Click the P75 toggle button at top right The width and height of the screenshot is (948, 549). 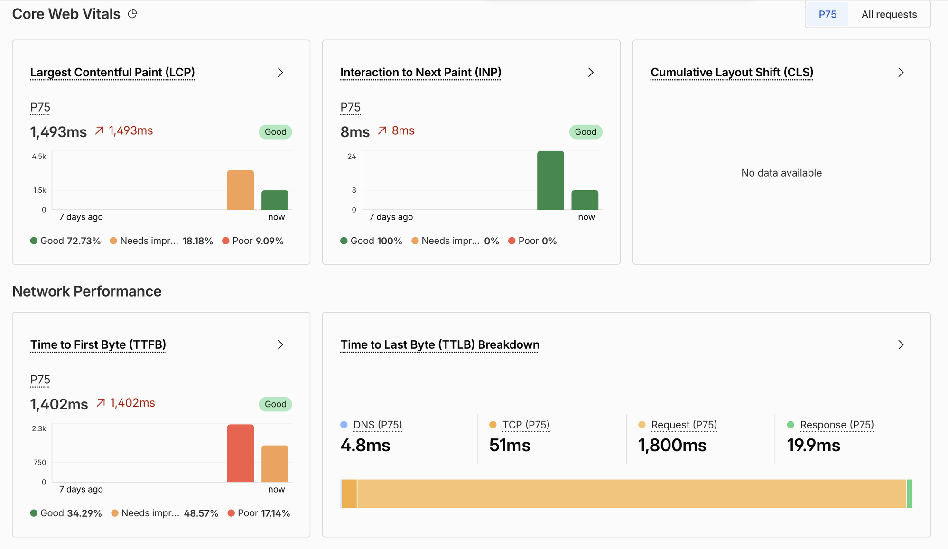(x=827, y=14)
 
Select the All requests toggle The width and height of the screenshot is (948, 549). (x=889, y=14)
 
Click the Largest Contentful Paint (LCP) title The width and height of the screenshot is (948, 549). (x=112, y=72)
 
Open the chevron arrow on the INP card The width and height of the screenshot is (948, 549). (x=591, y=72)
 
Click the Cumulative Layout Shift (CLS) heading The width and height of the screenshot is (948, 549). (x=732, y=72)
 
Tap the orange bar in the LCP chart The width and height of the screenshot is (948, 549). (x=241, y=190)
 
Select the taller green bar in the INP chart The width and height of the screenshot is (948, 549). (x=550, y=180)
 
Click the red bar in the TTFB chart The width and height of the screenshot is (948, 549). (x=241, y=453)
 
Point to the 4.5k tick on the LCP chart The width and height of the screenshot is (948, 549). (x=39, y=156)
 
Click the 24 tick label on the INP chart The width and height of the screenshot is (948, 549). (x=352, y=156)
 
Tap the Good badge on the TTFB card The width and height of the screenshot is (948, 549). (x=276, y=404)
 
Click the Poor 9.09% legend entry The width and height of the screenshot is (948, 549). (x=253, y=241)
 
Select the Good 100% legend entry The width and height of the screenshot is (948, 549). (x=371, y=241)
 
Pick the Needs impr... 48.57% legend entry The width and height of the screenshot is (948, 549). (x=165, y=513)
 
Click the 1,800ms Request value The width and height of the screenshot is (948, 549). (x=672, y=445)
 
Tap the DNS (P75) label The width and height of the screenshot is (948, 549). (x=378, y=425)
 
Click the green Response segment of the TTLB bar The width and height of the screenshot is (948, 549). (x=910, y=494)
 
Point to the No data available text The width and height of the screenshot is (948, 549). (x=781, y=173)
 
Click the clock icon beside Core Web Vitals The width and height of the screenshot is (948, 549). (x=132, y=14)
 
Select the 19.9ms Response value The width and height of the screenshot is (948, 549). (x=814, y=445)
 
